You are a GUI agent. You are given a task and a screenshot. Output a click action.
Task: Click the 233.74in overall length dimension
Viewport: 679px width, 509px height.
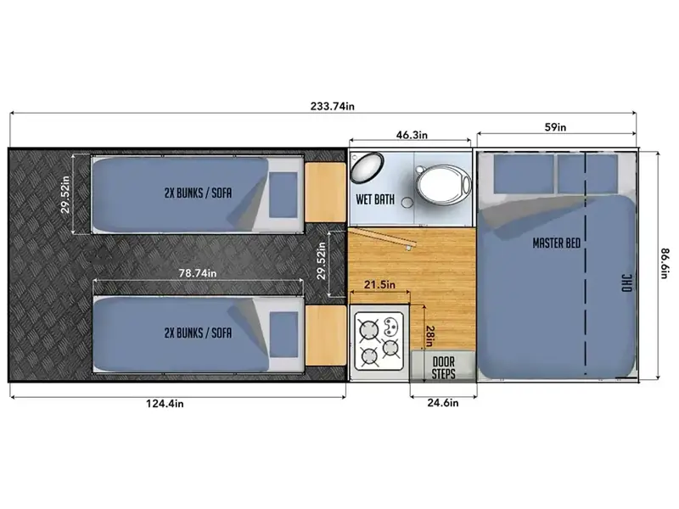coord(332,106)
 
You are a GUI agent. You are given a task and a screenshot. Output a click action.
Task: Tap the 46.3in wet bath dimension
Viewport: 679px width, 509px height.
coord(412,135)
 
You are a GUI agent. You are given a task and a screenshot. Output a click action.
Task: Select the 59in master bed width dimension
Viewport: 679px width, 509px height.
coord(555,127)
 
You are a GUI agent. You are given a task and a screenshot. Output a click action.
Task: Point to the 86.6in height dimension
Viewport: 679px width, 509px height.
coord(665,263)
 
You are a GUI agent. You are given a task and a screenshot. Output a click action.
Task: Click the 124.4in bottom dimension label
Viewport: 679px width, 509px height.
coord(165,404)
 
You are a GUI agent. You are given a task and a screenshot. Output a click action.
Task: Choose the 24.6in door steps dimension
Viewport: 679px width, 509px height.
coord(442,403)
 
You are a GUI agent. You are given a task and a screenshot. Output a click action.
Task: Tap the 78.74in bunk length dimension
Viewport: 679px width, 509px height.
coord(198,273)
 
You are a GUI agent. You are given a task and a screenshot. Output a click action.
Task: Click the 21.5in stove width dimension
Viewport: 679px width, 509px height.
coord(379,285)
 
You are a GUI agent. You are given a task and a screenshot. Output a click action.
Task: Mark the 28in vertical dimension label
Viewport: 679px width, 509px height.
coord(429,336)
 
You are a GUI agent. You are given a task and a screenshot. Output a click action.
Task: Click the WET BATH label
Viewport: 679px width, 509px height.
coord(375,199)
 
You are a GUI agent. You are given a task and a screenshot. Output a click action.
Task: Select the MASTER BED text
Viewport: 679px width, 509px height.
coord(557,243)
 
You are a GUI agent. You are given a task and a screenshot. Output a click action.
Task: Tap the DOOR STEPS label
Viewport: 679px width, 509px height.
coord(443,368)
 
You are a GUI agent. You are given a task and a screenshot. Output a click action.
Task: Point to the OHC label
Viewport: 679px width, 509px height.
coord(627,283)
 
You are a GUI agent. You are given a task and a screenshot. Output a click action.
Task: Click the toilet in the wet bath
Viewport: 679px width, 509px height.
coord(443,185)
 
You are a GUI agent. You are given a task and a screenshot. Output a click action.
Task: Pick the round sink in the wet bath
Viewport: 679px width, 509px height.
coord(367,167)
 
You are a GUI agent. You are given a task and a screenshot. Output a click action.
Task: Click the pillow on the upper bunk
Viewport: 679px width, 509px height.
coord(283,195)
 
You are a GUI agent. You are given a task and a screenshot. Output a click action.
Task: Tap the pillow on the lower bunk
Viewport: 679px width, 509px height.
coord(283,335)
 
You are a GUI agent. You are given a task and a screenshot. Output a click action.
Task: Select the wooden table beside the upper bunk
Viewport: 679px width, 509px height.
coord(325,193)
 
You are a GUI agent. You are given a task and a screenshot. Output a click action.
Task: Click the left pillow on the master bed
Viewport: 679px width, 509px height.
coord(524,174)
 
